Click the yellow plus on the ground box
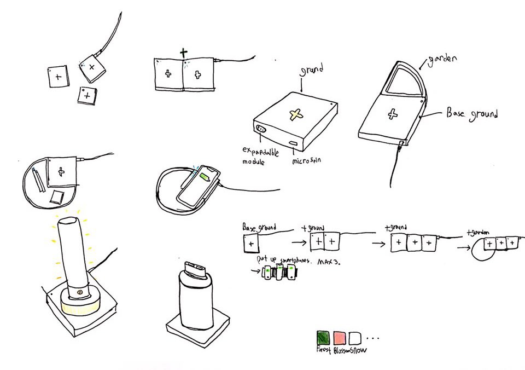296,114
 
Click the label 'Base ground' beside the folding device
472,114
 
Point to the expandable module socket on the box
260,130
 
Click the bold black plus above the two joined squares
183,53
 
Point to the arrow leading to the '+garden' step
464,246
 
